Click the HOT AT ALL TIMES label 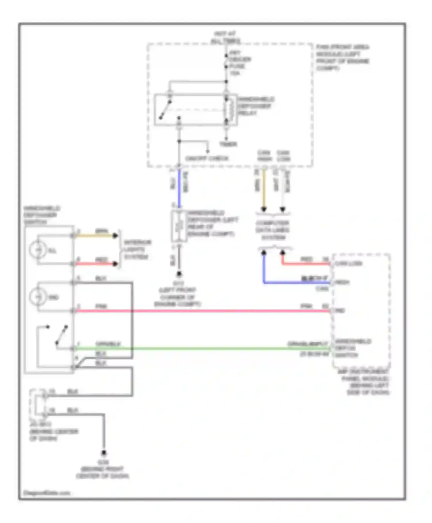point(225,38)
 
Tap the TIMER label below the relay point(228,144)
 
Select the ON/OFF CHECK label point(207,159)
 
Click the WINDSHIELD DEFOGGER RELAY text point(255,106)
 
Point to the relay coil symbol point(229,110)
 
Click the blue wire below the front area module point(179,187)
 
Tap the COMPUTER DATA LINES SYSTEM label point(273,230)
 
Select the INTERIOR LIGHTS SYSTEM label point(137,249)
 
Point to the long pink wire point(202,311)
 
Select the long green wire point(202,348)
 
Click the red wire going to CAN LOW point(305,264)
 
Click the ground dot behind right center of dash point(104,453)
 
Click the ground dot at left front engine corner point(179,274)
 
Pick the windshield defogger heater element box point(179,226)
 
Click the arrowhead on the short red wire point(115,264)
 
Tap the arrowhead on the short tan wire point(115,236)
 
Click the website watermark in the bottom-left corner point(47,493)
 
